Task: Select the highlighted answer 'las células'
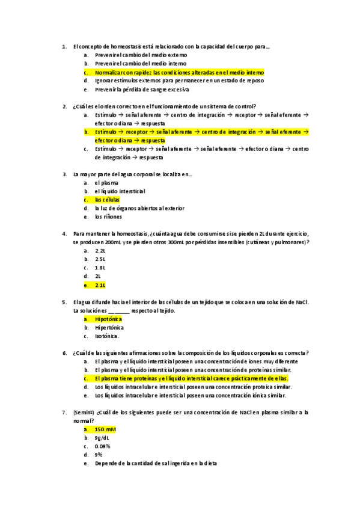[x=108, y=200]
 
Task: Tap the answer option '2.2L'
[x=100, y=250]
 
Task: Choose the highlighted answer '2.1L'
[x=100, y=284]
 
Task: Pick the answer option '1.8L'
[x=100, y=267]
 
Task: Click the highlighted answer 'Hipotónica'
[x=109, y=319]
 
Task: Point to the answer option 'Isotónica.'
[x=107, y=336]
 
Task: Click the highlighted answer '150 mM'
[x=105, y=429]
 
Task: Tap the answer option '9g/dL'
[x=101, y=438]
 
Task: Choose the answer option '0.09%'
[x=102, y=446]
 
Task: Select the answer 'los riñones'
[x=108, y=217]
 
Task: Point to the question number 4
[x=64, y=233]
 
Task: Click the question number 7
[x=64, y=413]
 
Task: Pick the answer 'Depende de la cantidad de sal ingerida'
[x=156, y=464]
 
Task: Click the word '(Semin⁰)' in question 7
[x=83, y=413]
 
